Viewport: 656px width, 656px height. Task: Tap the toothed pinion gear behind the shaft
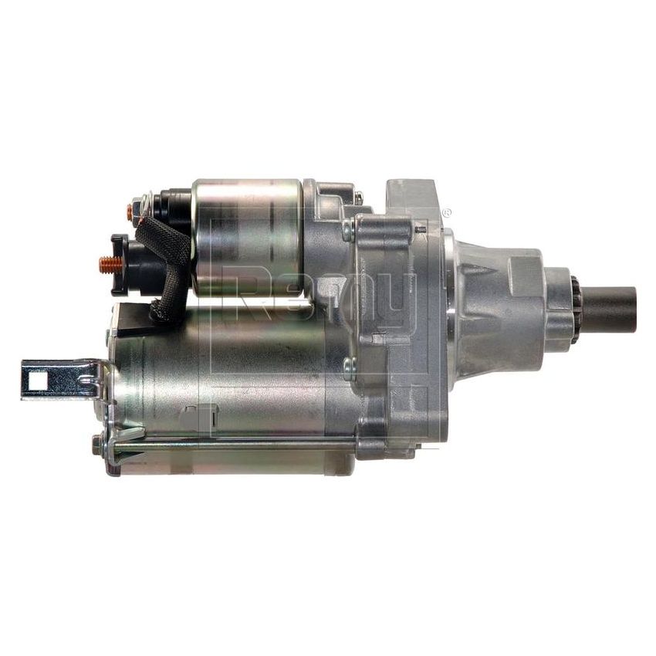tap(574, 309)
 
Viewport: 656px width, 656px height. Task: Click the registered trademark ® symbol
tap(446, 211)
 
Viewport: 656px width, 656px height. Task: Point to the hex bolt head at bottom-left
tap(97, 445)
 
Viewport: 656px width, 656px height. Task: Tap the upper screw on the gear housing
tap(349, 229)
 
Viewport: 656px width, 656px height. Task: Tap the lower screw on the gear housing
tap(349, 368)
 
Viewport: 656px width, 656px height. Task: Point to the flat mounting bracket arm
tap(62, 379)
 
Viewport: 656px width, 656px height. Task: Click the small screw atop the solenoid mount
tap(358, 197)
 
